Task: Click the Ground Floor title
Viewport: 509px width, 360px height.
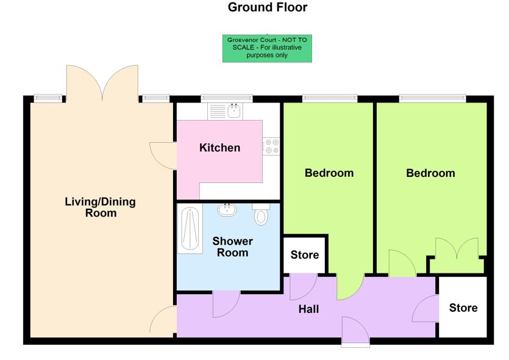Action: point(267,8)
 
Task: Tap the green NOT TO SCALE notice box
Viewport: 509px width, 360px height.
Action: point(267,48)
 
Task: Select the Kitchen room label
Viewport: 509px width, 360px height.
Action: point(219,148)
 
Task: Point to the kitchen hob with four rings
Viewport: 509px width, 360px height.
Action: point(271,146)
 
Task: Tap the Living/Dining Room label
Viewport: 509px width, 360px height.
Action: point(100,207)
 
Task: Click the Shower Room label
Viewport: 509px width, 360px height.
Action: point(232,247)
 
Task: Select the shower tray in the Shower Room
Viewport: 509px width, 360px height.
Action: point(190,229)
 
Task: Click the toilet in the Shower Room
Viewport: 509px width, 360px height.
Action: point(261,215)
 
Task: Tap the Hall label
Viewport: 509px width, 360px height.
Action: point(308,309)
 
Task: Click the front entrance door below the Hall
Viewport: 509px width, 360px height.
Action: point(356,332)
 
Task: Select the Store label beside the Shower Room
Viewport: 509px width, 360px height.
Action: point(305,255)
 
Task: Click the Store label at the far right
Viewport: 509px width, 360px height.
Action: point(463,308)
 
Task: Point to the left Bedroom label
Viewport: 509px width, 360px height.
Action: point(329,173)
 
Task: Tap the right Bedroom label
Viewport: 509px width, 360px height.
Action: point(430,173)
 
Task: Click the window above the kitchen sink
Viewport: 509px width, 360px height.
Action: point(227,96)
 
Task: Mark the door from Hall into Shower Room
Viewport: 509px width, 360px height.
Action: point(225,303)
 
